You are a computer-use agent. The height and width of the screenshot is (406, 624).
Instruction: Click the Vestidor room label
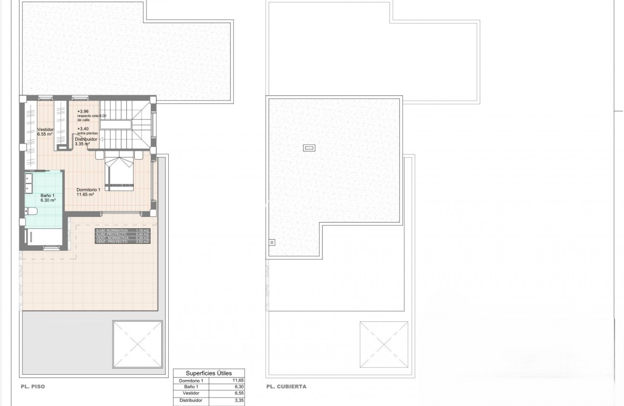coord(45,129)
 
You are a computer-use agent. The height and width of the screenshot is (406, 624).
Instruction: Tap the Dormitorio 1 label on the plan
coord(88,190)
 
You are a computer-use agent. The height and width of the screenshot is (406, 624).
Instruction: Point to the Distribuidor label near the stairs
coord(86,139)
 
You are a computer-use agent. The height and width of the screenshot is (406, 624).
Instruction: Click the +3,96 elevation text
coord(83,112)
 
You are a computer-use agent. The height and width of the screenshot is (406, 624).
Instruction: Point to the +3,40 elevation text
coord(83,129)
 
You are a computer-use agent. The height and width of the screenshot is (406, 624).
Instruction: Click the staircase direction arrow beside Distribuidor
coord(101,139)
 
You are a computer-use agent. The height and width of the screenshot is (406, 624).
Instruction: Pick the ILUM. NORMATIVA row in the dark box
coord(122,230)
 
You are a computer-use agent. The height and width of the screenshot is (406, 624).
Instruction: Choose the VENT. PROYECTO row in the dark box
coord(122,242)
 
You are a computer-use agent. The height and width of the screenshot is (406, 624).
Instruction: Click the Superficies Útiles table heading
coord(208,373)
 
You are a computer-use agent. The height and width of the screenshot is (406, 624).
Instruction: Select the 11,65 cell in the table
coord(238,380)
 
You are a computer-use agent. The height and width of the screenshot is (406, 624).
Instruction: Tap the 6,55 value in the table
coord(238,393)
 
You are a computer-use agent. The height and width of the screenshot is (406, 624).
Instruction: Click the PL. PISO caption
coord(33,387)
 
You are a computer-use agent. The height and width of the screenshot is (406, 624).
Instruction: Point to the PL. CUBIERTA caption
coord(286,387)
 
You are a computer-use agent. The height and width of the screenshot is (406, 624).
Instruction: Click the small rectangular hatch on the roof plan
coord(309,148)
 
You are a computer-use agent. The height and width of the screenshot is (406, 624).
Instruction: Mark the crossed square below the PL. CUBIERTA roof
coord(383,345)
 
